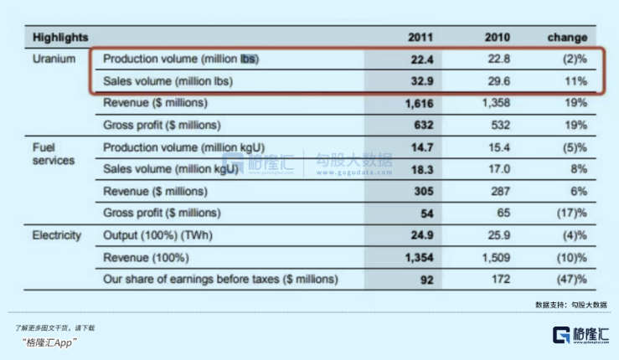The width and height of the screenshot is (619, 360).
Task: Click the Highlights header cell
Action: coord(60,38)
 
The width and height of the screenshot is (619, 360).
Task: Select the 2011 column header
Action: coord(420,38)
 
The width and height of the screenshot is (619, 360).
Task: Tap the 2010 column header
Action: coord(497,38)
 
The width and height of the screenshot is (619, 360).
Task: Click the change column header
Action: coord(567,38)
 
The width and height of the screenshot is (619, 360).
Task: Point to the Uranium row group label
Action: coord(54,59)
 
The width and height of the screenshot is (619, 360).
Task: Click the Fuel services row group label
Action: coord(54,154)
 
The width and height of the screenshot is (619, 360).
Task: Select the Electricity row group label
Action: coord(56,235)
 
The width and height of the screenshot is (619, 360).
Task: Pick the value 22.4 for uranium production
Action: coord(422,59)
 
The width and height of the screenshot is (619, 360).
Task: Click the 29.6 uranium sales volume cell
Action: coord(498,81)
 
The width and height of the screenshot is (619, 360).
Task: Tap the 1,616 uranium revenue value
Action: coord(420,104)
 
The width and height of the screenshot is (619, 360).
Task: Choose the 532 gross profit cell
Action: coord(500,125)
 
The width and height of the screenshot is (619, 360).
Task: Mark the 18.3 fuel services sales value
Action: coord(422,170)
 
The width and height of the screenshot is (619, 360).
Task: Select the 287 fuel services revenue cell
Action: coord(500,192)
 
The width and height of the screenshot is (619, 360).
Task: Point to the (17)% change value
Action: coord(571,213)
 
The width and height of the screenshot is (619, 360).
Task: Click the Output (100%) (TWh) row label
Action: coord(157,235)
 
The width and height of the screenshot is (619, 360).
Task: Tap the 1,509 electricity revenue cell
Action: coord(496,258)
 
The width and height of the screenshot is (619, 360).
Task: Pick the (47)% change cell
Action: coord(571,280)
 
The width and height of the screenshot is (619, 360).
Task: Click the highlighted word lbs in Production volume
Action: coord(248,59)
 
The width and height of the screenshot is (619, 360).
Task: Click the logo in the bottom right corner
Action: coord(580,335)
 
